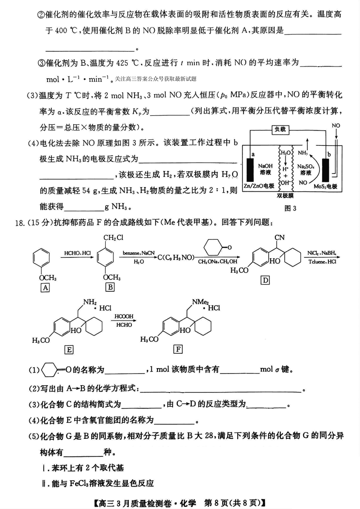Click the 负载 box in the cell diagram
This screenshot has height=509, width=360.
pos(279,130)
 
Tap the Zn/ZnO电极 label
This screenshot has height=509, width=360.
pos(258,186)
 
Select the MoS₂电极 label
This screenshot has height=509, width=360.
pos(326,186)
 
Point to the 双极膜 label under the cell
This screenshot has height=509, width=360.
pos(285,196)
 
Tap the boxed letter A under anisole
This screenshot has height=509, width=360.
pos(45,287)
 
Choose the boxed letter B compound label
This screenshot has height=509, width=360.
pos(109,287)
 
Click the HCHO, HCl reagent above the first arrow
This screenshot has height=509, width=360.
pos(77,253)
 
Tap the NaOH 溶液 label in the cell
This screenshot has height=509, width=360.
pos(265,169)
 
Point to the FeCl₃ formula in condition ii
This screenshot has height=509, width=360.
pos(85,483)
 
